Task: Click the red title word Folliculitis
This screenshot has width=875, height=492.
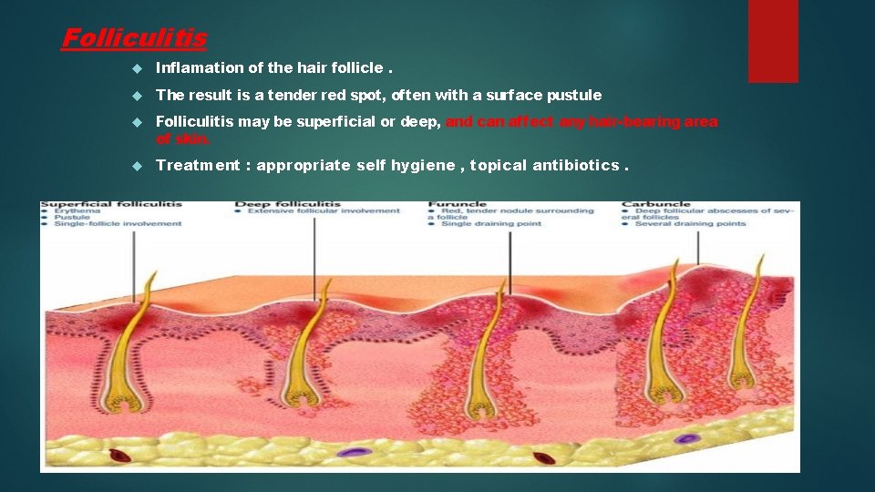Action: [x=133, y=38]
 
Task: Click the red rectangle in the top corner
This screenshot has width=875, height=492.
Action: [x=772, y=41]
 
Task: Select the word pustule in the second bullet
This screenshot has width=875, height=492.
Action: [x=576, y=95]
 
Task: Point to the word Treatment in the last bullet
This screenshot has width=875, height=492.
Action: [x=198, y=165]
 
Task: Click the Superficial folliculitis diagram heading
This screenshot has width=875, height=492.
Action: [x=111, y=204]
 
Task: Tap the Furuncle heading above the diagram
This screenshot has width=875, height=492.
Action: [x=458, y=204]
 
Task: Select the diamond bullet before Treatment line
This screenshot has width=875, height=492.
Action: [x=136, y=166]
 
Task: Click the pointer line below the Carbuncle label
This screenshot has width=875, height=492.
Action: [x=698, y=246]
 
